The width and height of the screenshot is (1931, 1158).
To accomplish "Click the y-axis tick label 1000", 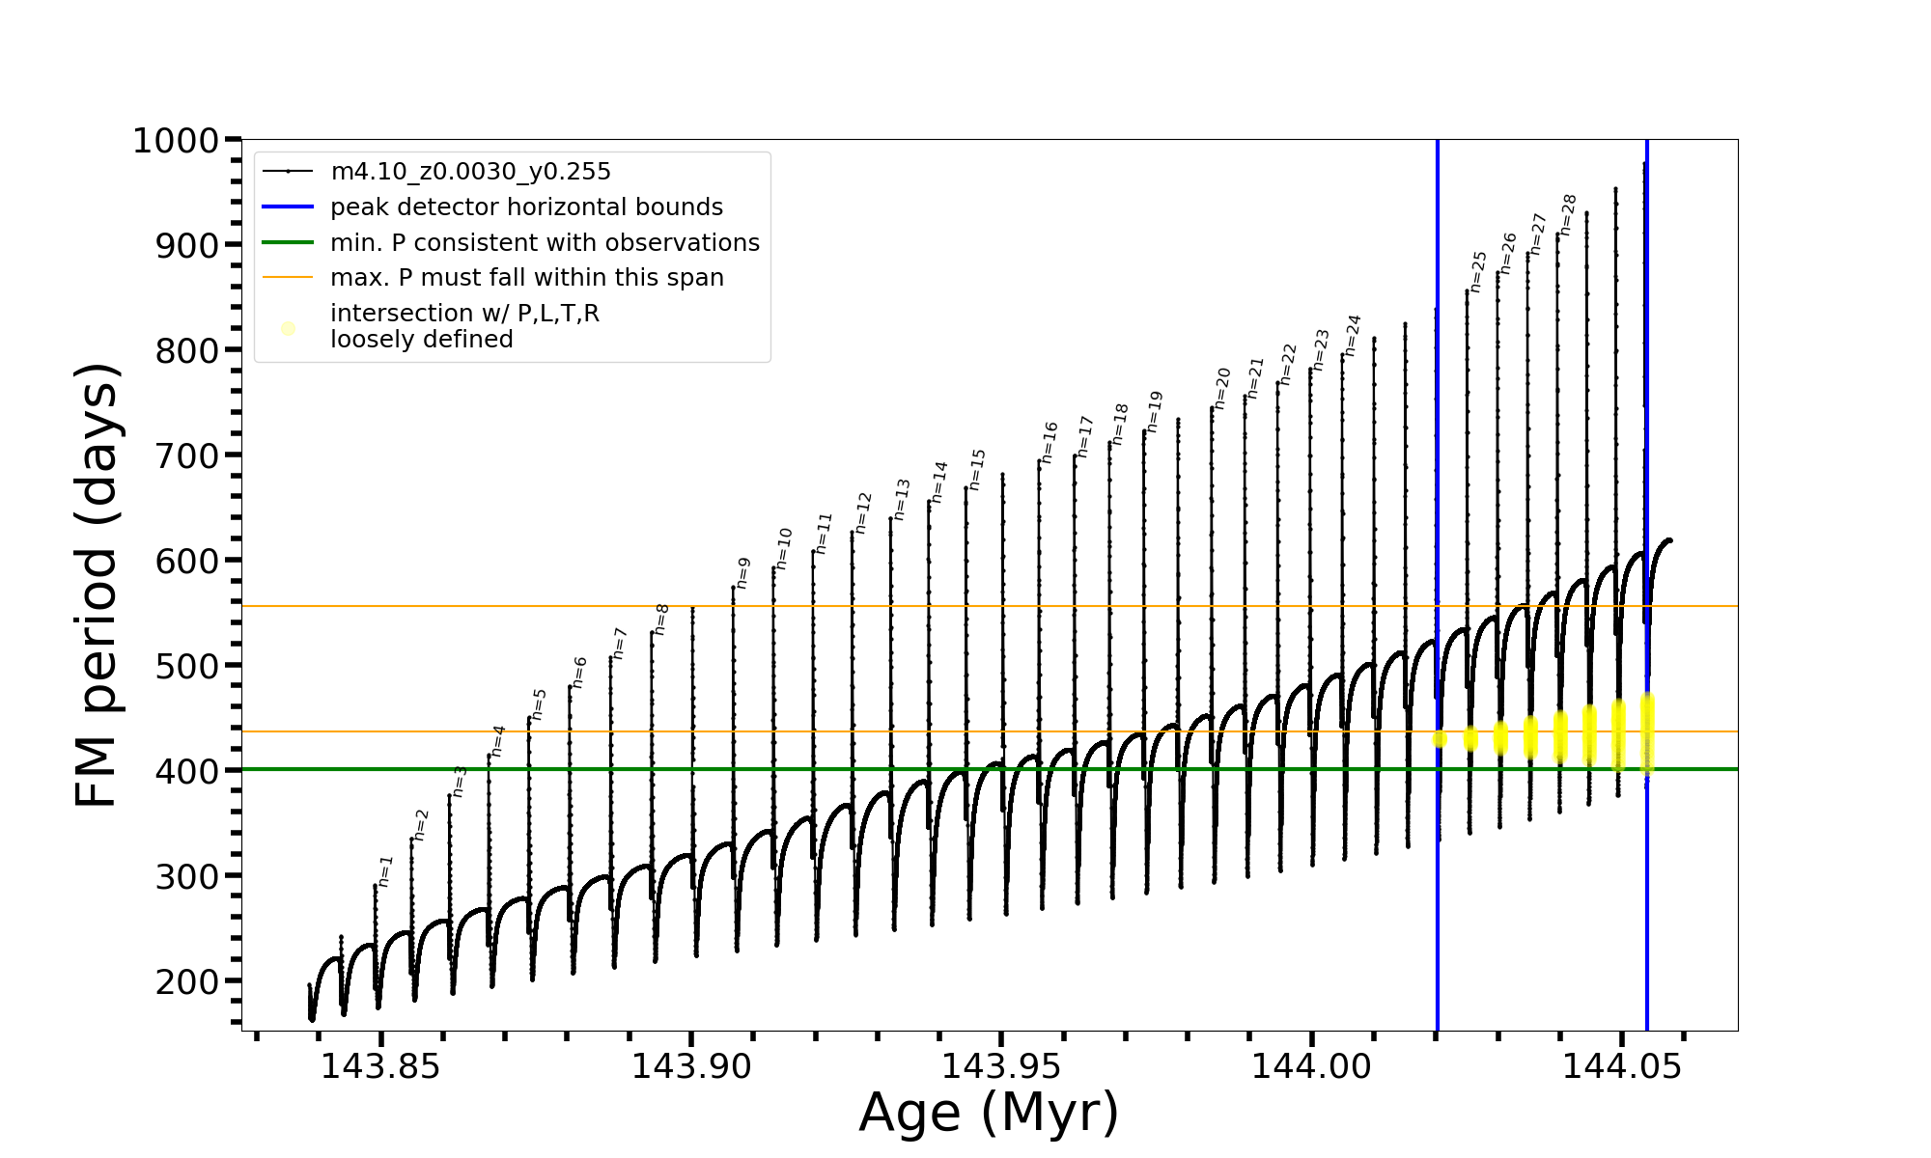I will point(176,141).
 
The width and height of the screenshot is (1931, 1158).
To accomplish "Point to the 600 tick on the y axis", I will point(187,561).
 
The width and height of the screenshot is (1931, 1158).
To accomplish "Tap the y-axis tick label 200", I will point(187,981).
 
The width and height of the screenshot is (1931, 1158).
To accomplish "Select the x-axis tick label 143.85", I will point(379,1066).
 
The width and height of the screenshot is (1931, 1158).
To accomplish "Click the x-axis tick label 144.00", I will point(1310,1066).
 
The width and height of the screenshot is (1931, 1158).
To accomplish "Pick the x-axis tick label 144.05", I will point(1621,1066).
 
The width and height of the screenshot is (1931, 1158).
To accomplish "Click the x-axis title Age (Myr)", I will point(989,1113).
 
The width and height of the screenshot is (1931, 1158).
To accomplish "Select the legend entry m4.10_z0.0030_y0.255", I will point(470,172).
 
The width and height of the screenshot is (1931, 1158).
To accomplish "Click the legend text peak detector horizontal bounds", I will point(526,207).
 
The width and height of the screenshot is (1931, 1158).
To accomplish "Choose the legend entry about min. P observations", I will point(545,243).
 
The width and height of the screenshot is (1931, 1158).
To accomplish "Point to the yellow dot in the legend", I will point(288,328).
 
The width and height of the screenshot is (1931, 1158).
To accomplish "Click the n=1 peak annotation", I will point(386,870).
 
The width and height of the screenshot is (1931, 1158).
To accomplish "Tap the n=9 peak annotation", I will point(743,572).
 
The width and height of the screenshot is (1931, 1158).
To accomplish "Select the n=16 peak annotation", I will point(1050,442).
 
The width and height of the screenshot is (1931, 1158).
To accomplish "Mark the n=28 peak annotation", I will point(1569,214).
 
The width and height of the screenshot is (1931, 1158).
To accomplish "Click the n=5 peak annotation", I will point(540,703).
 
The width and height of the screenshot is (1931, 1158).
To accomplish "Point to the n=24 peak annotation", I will point(1354,335).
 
